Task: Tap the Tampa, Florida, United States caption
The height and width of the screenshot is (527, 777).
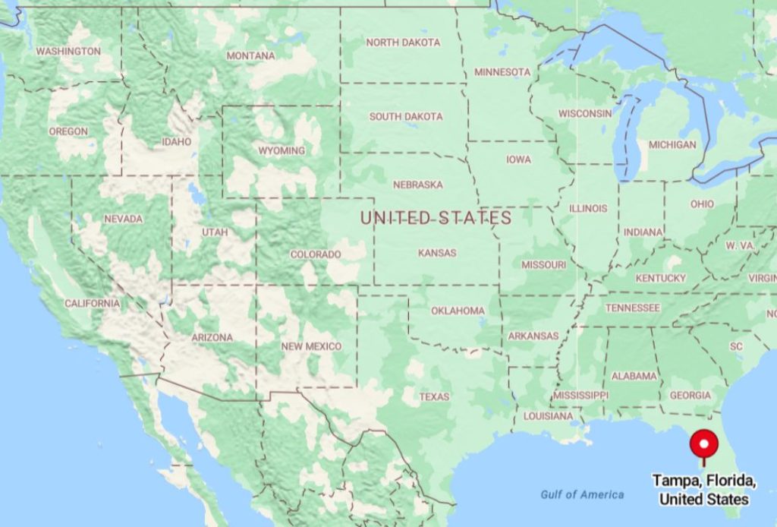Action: point(704,490)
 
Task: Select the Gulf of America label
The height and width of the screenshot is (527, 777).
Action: point(582,494)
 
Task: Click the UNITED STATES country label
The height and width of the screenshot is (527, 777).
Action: point(436,218)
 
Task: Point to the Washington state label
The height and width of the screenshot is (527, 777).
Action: point(68,51)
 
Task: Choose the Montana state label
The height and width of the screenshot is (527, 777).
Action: point(250,55)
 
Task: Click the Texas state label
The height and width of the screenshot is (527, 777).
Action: point(434,396)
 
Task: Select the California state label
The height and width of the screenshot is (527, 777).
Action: point(92,303)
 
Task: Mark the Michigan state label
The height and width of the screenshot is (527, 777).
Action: point(672,144)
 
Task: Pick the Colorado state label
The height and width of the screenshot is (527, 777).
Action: point(316,254)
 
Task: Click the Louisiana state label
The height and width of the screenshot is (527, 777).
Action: point(548,416)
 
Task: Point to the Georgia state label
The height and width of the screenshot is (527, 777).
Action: point(690,395)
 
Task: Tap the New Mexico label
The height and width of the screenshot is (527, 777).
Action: point(311,346)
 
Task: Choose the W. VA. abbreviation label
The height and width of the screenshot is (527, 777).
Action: point(740,245)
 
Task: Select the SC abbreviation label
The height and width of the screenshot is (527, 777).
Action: point(736,346)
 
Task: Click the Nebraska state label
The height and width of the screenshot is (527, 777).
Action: point(417,185)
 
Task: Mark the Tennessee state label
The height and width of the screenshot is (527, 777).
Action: point(632,308)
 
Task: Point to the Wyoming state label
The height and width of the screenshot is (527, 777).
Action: point(282,150)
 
